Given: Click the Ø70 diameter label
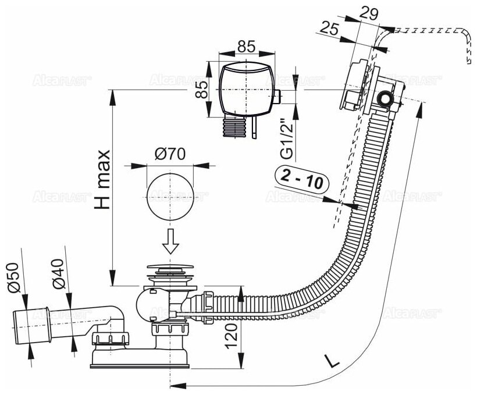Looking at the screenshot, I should pos(169,154).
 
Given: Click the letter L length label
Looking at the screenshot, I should pos(331,362).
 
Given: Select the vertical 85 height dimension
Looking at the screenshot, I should pos(202,90).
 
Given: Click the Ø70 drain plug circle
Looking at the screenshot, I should pos(170,194).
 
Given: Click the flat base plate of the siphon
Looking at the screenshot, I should pos(139,364).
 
